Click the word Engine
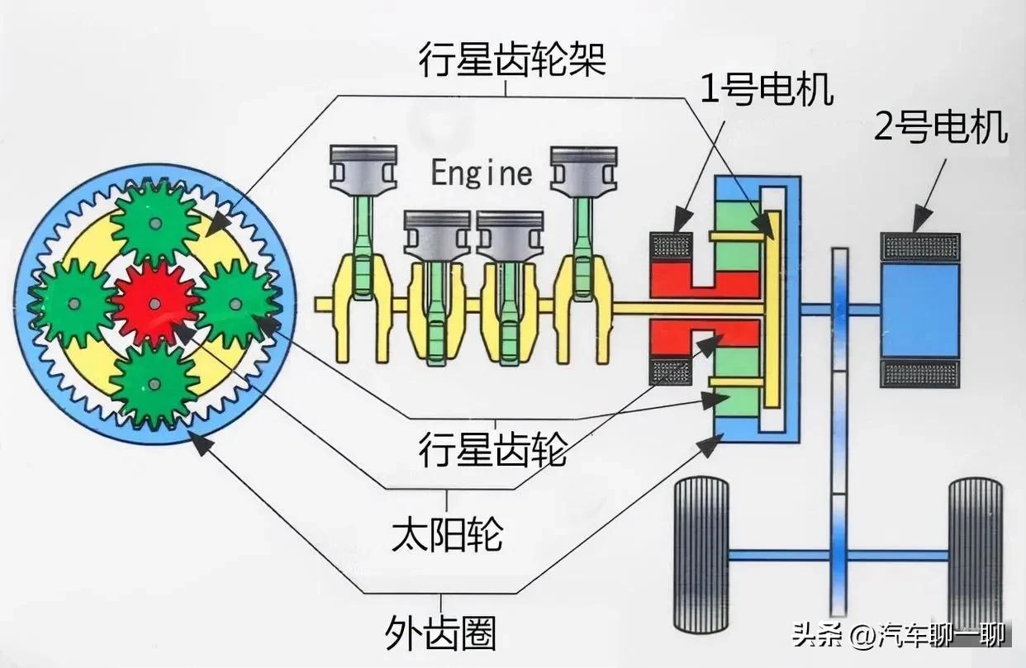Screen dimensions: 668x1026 pyautogui.click(x=482, y=173)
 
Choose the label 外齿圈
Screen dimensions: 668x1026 pyautogui.click(x=440, y=633)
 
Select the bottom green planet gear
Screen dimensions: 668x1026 pyautogui.click(x=154, y=384)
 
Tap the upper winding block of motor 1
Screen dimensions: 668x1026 pyautogui.click(x=672, y=246)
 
